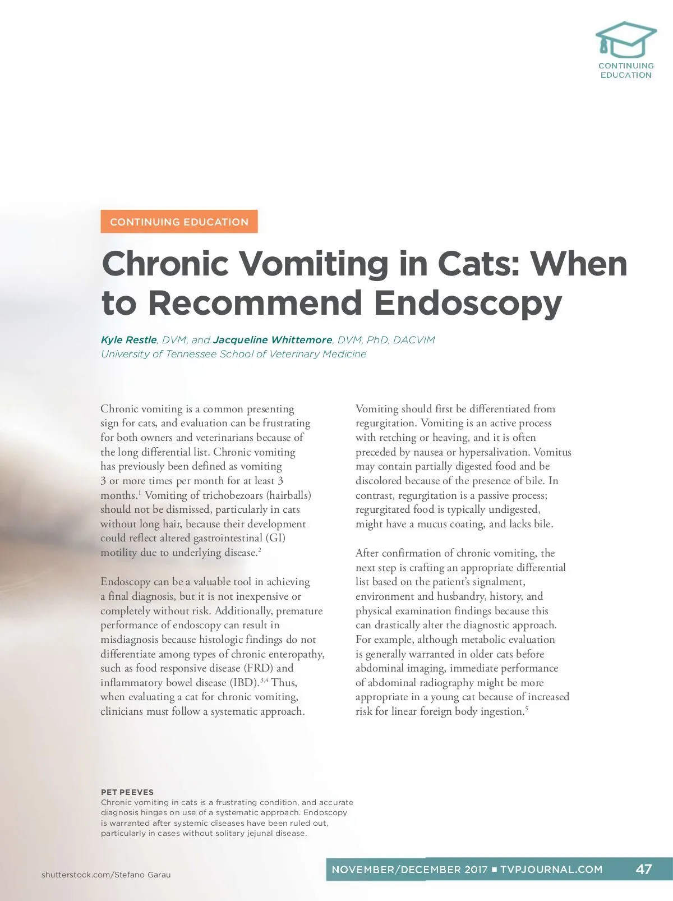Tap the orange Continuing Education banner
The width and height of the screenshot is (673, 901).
[179, 222]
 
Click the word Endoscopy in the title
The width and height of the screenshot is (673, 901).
[468, 303]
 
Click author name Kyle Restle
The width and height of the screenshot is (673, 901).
[128, 340]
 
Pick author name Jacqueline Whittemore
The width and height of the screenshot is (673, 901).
[273, 340]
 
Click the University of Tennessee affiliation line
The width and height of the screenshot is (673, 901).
[233, 354]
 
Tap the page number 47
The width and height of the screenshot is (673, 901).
[643, 869]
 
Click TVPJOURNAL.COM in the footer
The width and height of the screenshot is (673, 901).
[551, 870]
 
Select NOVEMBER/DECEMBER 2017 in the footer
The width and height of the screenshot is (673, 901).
[409, 870]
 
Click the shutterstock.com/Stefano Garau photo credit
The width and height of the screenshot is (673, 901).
[106, 875]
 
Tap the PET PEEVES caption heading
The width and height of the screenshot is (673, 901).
[127, 792]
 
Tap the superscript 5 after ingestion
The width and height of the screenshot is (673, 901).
[527, 709]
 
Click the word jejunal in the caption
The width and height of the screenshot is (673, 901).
[260, 833]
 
